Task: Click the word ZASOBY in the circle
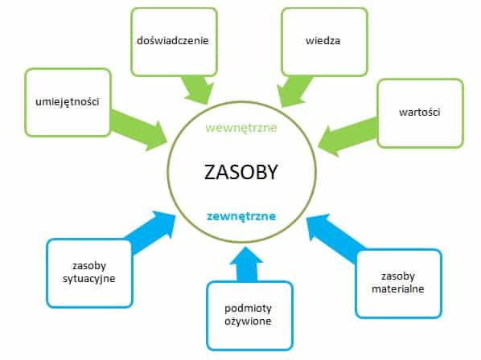point(240,172)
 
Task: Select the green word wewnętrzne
point(241,128)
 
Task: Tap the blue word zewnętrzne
point(241,216)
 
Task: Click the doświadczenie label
point(173,40)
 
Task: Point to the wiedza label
point(323,41)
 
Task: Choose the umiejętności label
point(68,102)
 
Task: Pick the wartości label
point(419,112)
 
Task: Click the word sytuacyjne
point(89,279)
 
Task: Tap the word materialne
point(398,289)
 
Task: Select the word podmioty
point(248,309)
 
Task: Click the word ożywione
point(248,321)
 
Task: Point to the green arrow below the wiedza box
point(294,92)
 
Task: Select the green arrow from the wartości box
point(347,137)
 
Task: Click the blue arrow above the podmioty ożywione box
point(246,264)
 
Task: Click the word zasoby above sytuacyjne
point(89,266)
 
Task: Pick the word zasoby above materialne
point(398,276)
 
